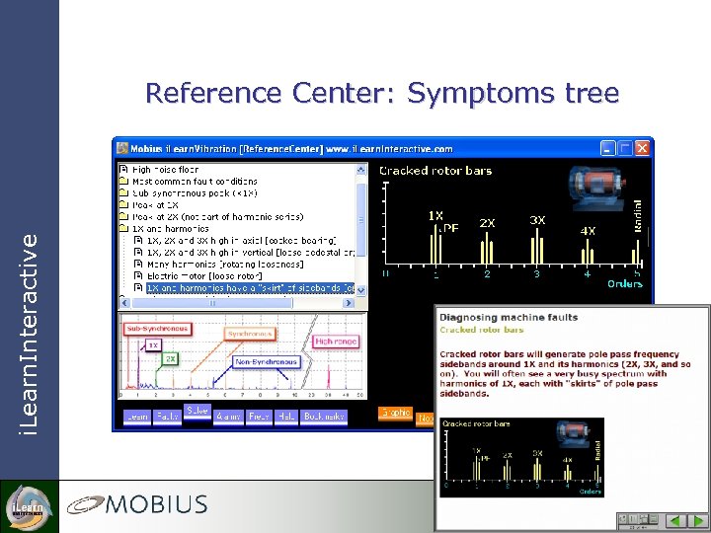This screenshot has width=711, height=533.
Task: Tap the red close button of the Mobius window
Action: click(642, 148)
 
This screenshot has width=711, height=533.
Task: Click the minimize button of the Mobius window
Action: click(608, 148)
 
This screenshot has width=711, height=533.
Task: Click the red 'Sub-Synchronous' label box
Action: click(156, 328)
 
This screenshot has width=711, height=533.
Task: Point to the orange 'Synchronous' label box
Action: click(250, 334)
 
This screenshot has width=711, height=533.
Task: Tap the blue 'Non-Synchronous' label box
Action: click(267, 362)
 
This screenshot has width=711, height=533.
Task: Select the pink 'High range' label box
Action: click(336, 342)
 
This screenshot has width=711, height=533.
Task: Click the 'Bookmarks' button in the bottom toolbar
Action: click(325, 417)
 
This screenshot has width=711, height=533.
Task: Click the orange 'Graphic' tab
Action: click(394, 414)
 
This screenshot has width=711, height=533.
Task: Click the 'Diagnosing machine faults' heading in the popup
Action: click(508, 318)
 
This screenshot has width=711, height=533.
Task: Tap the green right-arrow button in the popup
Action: click(695, 519)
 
